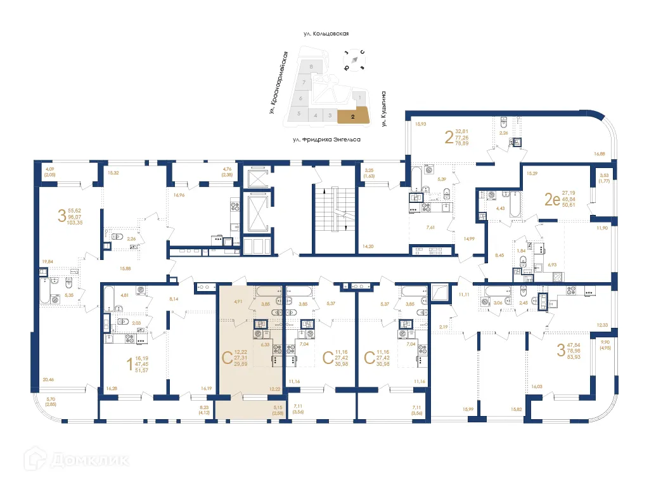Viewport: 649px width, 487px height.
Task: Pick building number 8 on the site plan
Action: pyautogui.click(x=311, y=66)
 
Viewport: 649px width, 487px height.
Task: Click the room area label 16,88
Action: pyautogui.click(x=599, y=153)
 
